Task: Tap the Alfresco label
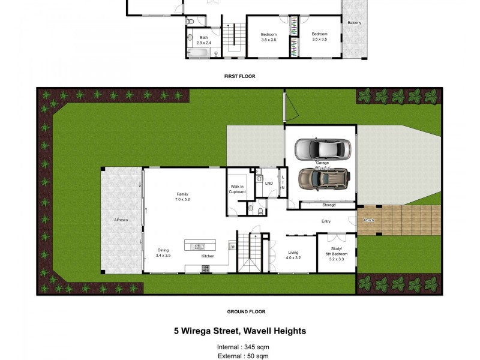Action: (121, 220)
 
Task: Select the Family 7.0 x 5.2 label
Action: (182, 197)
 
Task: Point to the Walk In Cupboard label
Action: (238, 189)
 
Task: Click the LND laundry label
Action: (269, 183)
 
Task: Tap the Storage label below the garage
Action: (329, 205)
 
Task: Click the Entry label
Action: (326, 221)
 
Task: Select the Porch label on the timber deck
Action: (369, 220)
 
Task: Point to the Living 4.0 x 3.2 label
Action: (293, 255)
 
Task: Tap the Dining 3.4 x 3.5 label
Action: (164, 253)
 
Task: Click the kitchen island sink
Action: (199, 246)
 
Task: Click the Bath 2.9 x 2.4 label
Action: (203, 40)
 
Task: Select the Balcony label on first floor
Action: (355, 23)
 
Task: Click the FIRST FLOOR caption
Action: (240, 76)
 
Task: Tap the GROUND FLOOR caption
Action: (246, 311)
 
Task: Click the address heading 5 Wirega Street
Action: (240, 331)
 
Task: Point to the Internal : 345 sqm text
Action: (243, 347)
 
